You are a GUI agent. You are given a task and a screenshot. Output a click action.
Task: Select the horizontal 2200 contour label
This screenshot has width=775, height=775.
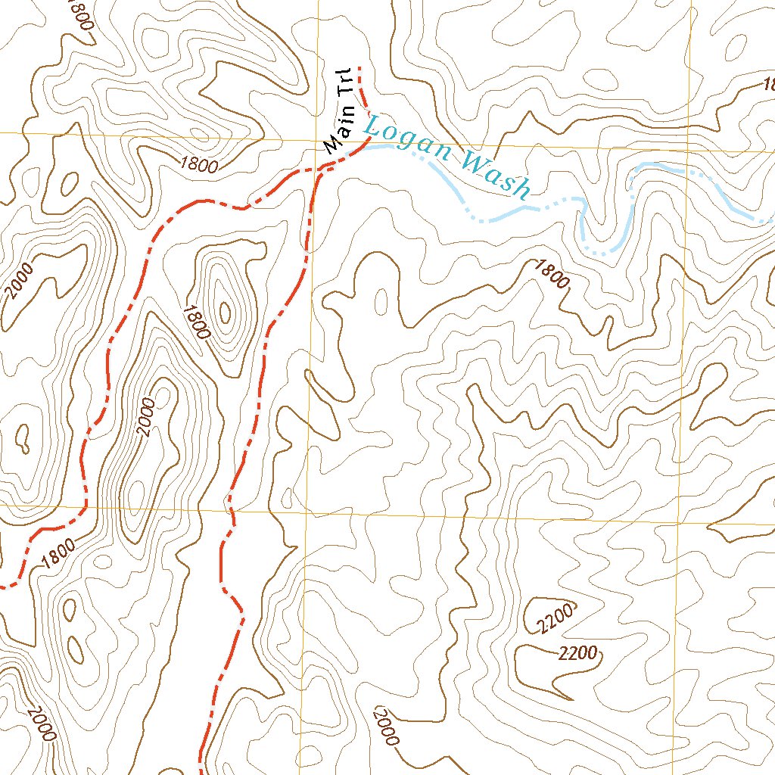[x=578, y=653]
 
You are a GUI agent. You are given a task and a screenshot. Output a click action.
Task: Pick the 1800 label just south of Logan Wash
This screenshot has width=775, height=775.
[x=552, y=274]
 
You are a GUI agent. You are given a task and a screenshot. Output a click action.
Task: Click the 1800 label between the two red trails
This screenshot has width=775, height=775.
[x=196, y=321]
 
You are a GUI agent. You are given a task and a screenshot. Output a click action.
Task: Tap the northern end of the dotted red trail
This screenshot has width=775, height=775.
[x=359, y=68]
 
